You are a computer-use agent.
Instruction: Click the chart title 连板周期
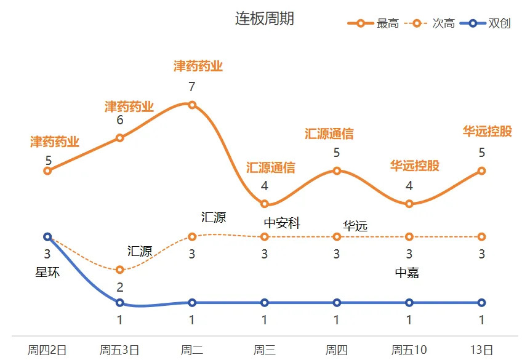pyautogui.click(x=265, y=18)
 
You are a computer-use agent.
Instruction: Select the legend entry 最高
pyautogui.click(x=387, y=23)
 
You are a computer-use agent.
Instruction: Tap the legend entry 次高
pyautogui.click(x=443, y=23)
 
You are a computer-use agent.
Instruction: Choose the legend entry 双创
pyautogui.click(x=499, y=23)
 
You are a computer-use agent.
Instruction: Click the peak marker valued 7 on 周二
pyautogui.click(x=192, y=105)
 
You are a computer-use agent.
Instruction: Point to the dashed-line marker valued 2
pyautogui.click(x=120, y=270)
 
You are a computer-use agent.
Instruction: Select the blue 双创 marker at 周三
pyautogui.click(x=265, y=302)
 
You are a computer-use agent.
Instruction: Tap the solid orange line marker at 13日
pyautogui.click(x=481, y=171)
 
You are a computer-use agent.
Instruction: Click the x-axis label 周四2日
pyautogui.click(x=47, y=350)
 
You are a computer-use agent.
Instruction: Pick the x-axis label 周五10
pyautogui.click(x=409, y=350)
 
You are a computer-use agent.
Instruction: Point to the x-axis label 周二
pyautogui.click(x=192, y=350)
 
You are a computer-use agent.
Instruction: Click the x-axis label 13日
pyautogui.click(x=481, y=350)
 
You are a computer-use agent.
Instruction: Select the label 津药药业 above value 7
pyautogui.click(x=198, y=66)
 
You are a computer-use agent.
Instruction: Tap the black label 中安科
pyautogui.click(x=282, y=223)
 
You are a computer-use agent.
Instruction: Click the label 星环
pyautogui.click(x=47, y=272)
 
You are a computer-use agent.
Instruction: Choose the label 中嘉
pyautogui.click(x=407, y=273)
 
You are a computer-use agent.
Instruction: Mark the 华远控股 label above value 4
pyautogui.click(x=415, y=166)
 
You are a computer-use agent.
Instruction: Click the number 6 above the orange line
pyautogui.click(x=120, y=120)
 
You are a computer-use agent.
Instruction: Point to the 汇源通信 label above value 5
pyautogui.click(x=329, y=134)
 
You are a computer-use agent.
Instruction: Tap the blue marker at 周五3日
pyautogui.click(x=120, y=302)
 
